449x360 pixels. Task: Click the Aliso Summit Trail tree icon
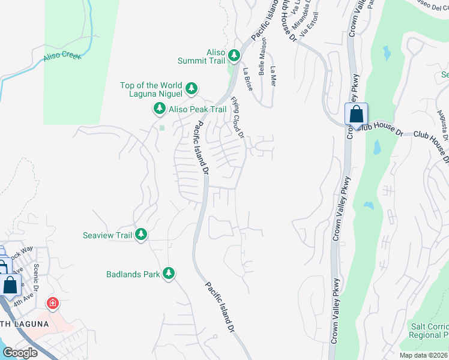[234, 56]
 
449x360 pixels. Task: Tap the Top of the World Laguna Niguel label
[152, 89]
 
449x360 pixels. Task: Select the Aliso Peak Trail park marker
[160, 109]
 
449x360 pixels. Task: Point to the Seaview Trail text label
[107, 235]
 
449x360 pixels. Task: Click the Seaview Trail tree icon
[141, 234]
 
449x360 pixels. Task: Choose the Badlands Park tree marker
[169, 273]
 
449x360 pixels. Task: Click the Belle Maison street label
[262, 61]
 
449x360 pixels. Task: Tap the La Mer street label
[273, 76]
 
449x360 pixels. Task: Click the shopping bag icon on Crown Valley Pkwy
[356, 114]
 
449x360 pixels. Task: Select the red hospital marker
[53, 304]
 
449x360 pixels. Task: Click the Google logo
[20, 353]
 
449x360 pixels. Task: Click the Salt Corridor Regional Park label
[429, 331]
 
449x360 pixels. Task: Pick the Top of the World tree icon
[191, 89]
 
